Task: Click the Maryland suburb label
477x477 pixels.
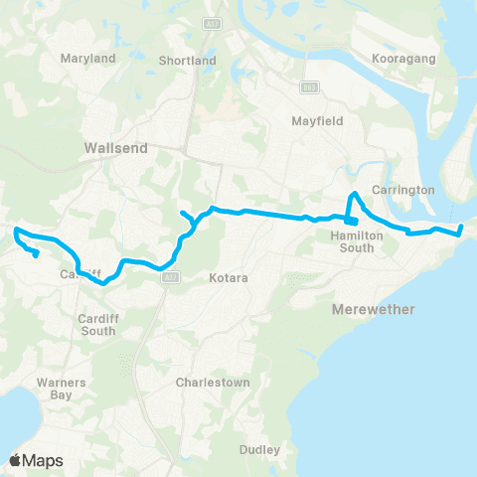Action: coord(88,59)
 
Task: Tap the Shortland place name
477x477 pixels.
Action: coord(187,61)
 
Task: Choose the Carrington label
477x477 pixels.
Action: coord(403,189)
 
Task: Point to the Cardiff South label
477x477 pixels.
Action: coord(97,325)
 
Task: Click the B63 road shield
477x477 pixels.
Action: coord(311,86)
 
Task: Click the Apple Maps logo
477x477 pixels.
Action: coord(36,460)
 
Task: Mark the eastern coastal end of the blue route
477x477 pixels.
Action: coord(462,230)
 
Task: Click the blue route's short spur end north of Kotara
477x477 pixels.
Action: coord(181,213)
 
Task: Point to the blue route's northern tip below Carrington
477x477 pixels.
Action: coord(355,193)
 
